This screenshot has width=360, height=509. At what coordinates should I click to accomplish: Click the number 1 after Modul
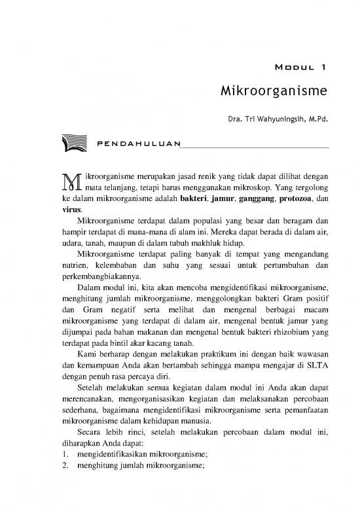(324, 67)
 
